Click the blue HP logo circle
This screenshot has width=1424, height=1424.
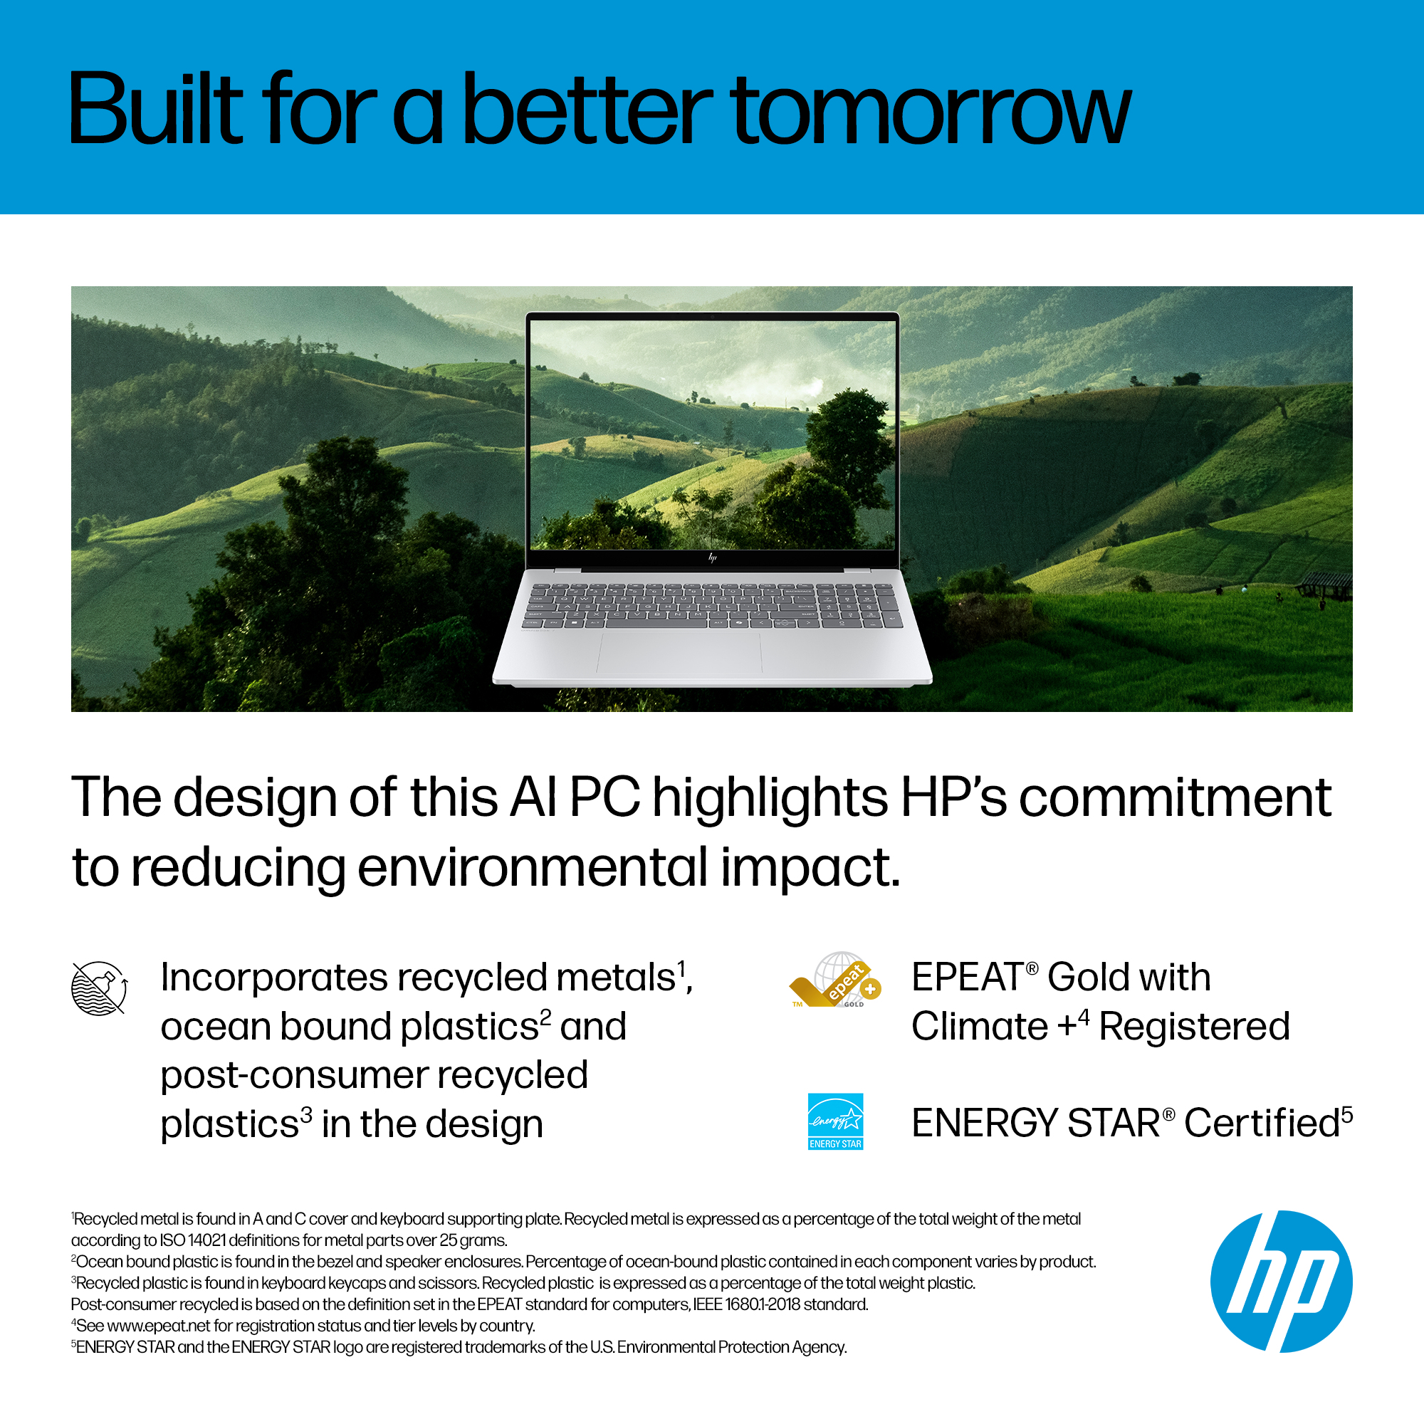click(x=1281, y=1281)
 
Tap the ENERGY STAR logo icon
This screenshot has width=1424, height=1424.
click(x=835, y=1121)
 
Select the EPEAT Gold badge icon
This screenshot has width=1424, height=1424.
click(x=835, y=980)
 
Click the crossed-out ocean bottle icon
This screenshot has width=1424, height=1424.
click(x=99, y=988)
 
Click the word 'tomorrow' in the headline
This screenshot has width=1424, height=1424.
click(x=931, y=110)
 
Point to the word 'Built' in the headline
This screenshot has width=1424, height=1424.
click(x=155, y=108)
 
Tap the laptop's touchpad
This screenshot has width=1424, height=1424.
click(x=679, y=651)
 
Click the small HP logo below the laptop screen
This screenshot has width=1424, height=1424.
click(x=712, y=558)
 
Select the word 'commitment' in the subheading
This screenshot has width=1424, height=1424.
click(x=1175, y=797)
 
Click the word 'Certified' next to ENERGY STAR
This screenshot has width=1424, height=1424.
click(x=1262, y=1123)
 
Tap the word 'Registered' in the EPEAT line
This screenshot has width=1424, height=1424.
click(x=1194, y=1027)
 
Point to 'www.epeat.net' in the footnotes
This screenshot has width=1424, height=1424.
click(x=159, y=1326)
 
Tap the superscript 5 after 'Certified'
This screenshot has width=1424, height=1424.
click(x=1346, y=1114)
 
